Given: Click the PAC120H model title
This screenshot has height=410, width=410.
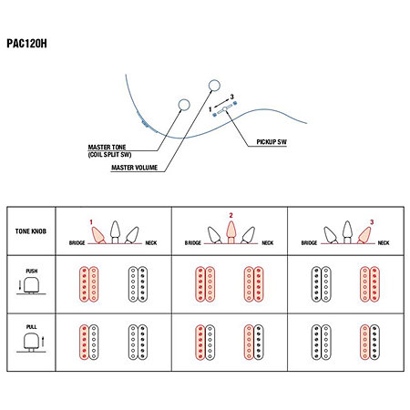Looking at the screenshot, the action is (26, 44).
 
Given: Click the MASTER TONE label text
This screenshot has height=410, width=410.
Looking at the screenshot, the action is (107, 147).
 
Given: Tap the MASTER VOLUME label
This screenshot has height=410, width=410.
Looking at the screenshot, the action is (134, 168).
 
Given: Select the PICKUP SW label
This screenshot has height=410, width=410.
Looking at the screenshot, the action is (272, 142).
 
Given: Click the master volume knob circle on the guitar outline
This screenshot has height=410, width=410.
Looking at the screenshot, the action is (214, 86).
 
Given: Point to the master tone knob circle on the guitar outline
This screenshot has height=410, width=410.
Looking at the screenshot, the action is (184, 105).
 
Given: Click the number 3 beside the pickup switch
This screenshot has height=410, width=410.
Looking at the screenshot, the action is (232, 97).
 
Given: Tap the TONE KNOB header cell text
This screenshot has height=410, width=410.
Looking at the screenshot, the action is (31, 231).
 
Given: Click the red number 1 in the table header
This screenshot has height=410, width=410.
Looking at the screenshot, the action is (91, 222).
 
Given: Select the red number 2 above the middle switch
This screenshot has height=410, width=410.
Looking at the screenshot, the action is (231, 215).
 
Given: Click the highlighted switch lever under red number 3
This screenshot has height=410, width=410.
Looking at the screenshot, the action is (364, 235).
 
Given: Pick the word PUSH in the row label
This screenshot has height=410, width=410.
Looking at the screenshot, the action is (32, 271).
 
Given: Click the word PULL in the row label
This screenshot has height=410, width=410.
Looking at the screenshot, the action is (31, 327).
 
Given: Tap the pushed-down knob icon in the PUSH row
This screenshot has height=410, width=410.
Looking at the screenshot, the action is (31, 286).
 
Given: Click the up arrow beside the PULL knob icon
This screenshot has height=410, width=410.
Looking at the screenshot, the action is (43, 341).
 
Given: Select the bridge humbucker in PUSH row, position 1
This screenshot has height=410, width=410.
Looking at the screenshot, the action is (89, 284).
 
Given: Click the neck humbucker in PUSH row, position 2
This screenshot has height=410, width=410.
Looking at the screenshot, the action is (253, 284).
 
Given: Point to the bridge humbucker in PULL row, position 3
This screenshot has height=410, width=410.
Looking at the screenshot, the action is (321, 343).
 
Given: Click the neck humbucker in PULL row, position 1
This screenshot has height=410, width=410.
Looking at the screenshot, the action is (138, 343).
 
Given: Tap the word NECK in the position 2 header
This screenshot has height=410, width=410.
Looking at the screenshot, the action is (268, 243).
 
